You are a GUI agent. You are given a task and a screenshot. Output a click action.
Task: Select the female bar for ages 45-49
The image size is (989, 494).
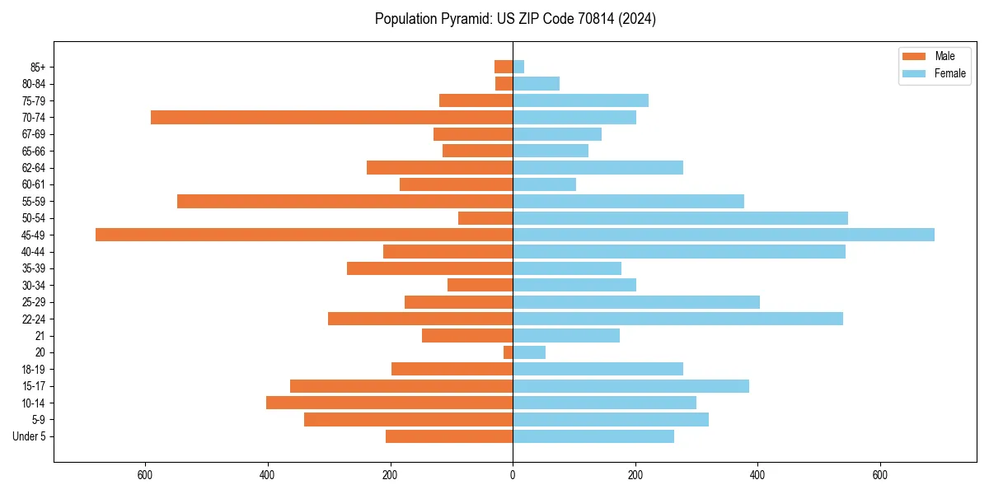pyautogui.click(x=723, y=235)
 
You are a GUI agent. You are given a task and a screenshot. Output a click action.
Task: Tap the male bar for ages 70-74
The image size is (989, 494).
pyautogui.click(x=331, y=117)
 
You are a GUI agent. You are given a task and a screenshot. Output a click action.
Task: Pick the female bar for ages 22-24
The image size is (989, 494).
pyautogui.click(x=677, y=319)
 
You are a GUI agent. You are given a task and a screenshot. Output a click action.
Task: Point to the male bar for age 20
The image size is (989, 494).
pyautogui.click(x=508, y=352)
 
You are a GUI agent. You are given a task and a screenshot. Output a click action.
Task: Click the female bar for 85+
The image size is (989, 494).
pyautogui.click(x=518, y=67)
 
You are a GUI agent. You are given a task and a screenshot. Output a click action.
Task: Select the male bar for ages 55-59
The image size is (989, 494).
pyautogui.click(x=345, y=201)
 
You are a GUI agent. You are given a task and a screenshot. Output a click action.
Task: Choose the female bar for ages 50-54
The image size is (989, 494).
pyautogui.click(x=680, y=218)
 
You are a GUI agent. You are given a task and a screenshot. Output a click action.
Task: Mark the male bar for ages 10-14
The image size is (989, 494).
pyautogui.click(x=389, y=403)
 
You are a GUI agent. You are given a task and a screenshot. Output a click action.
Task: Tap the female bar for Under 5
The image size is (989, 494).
pyautogui.click(x=593, y=436)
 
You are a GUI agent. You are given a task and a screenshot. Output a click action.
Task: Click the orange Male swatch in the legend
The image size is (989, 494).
pyautogui.click(x=914, y=56)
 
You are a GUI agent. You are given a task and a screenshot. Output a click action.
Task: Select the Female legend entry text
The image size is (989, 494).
pyautogui.click(x=950, y=73)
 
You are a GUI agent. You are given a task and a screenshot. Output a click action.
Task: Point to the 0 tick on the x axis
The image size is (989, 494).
pyautogui.click(x=513, y=475)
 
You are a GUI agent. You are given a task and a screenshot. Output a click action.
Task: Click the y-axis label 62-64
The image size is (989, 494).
pyautogui.click(x=34, y=168)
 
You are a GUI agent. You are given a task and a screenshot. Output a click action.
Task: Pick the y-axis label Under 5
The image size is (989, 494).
pyautogui.click(x=30, y=436)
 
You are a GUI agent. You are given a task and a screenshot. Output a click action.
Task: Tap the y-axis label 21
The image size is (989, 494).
pyautogui.click(x=40, y=336)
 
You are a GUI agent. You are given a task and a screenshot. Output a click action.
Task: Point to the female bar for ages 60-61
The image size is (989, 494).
pyautogui.click(x=544, y=184)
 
